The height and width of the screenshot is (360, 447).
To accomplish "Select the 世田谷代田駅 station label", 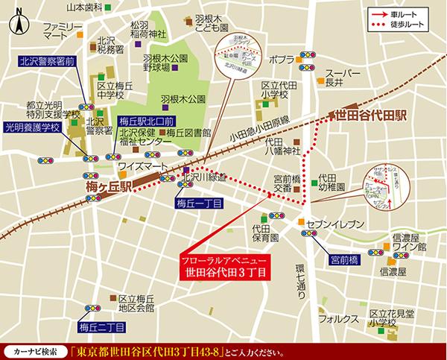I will tap(372, 116).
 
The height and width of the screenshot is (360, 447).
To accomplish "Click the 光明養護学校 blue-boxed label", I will tap(31, 127).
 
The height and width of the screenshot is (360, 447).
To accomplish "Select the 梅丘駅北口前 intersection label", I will tap(146, 121).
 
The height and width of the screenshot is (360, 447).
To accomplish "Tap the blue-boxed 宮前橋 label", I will tap(345, 260).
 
